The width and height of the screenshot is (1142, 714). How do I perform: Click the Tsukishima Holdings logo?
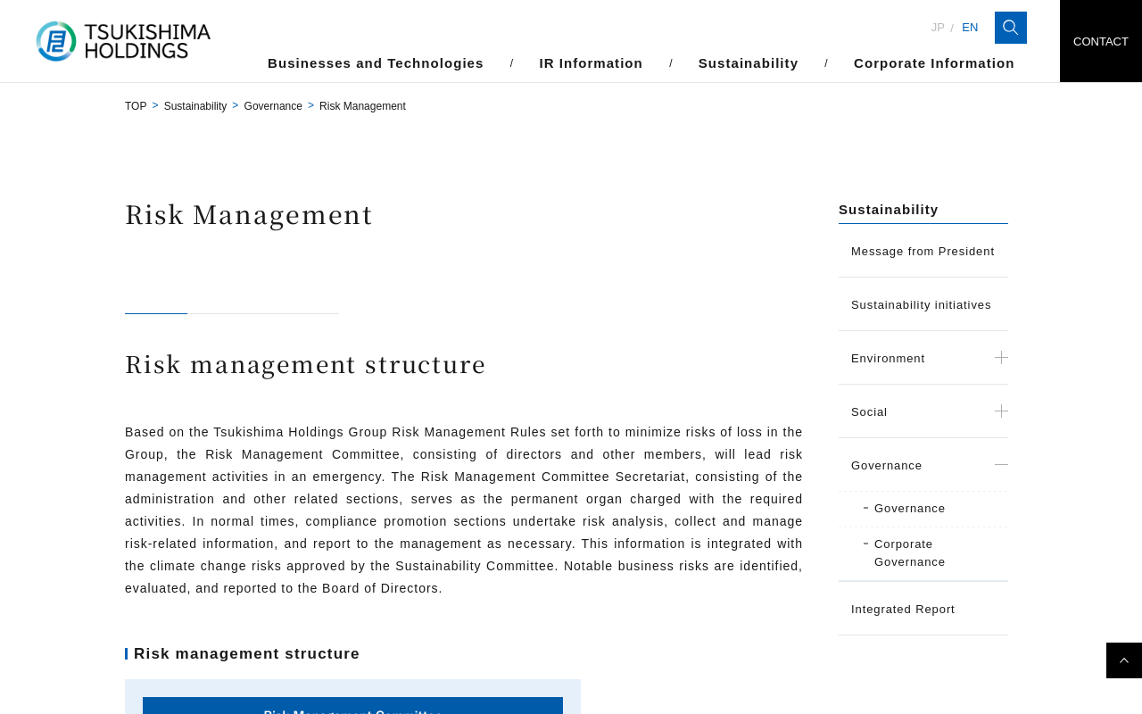pos(123,41)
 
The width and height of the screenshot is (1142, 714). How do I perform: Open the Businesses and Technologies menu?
pos(376,63)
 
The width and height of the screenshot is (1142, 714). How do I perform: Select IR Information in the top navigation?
pos(591,63)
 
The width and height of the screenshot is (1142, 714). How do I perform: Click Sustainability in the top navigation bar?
pos(748,63)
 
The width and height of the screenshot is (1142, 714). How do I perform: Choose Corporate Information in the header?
pos(933,63)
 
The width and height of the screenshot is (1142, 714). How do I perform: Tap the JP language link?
pos(938,28)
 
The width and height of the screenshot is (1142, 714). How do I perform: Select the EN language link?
pos(970,28)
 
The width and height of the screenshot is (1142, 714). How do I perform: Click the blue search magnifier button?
pos(1010,28)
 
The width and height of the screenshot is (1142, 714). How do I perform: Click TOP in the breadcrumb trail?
pos(136,106)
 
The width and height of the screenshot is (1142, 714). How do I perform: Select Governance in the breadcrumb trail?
pos(273,106)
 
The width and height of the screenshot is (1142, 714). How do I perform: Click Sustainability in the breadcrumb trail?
pos(195,106)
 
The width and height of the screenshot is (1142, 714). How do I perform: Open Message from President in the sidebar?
pos(923,252)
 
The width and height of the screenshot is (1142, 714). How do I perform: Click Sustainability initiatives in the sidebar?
pos(921,305)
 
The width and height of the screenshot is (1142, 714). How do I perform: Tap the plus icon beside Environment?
pos(1001,358)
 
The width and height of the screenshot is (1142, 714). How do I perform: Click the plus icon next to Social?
pos(1001,411)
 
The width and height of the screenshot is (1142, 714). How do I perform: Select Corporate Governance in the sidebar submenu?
pos(909,553)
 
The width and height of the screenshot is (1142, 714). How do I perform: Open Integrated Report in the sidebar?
pos(903,610)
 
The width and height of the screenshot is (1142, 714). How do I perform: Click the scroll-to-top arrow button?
pos(1124,660)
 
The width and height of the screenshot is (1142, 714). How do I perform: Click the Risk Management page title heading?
pos(249,215)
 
